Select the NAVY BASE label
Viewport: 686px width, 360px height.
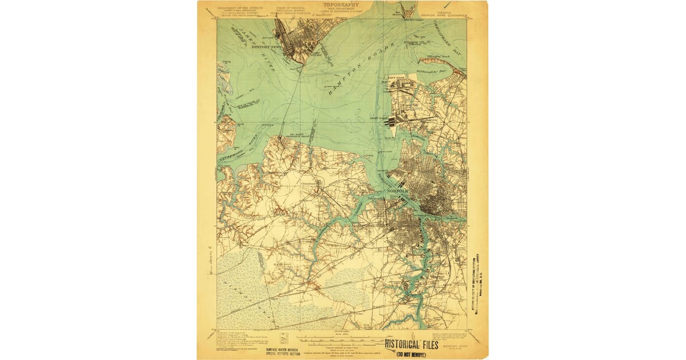tap(396, 77)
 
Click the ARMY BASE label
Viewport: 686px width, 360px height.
tap(378, 119)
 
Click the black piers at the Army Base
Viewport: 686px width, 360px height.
tap(390, 121)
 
